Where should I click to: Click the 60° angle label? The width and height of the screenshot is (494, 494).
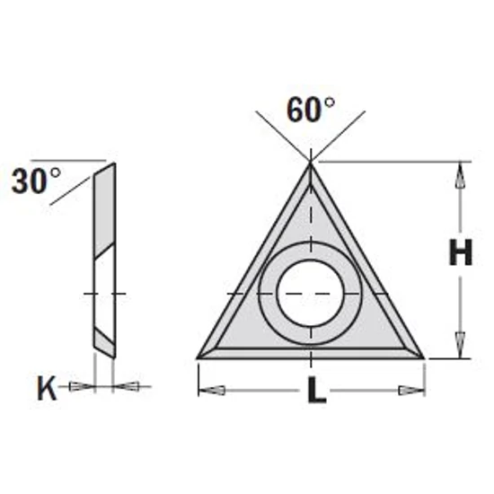click(310, 110)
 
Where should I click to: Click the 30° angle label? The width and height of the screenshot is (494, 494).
click(35, 183)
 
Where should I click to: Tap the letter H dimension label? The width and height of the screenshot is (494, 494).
click(461, 256)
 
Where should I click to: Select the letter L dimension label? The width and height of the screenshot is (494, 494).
click(314, 393)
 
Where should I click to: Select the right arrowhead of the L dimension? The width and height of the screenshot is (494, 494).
click(412, 390)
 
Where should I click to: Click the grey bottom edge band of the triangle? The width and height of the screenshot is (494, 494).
click(311, 351)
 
